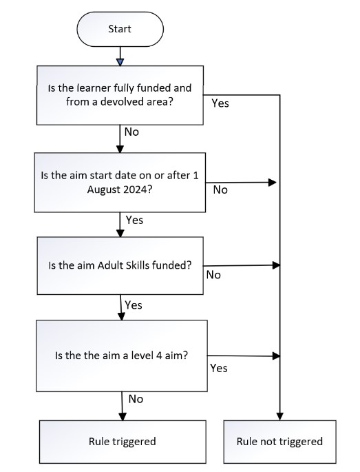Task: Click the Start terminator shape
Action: coord(120,29)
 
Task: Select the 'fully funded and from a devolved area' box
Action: coord(120,96)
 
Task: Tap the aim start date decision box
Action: coord(120,183)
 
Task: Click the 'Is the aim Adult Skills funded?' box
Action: coord(120,267)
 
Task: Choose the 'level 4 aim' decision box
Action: coord(120,356)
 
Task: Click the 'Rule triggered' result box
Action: coord(122,441)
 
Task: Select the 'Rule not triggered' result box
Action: coord(279,441)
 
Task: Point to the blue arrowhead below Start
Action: coord(120,63)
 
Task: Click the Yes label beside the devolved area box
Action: coord(220,103)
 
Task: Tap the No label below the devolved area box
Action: coord(132,131)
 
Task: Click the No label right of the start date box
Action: coord(220,189)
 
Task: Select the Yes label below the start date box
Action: coord(134,220)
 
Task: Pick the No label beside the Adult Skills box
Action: coord(214,274)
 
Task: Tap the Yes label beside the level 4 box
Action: coord(218,368)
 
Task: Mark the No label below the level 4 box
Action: coord(136,398)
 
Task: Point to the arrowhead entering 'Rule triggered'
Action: coord(122,417)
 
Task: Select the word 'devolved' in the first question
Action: coord(144,103)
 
